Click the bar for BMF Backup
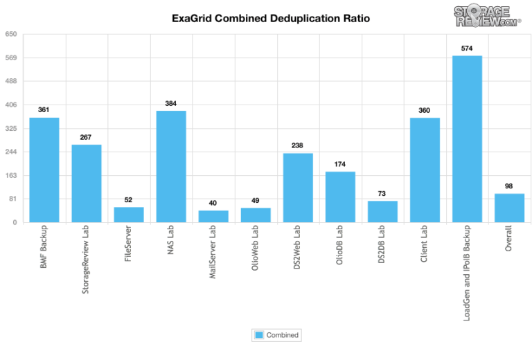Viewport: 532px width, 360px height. [44, 170]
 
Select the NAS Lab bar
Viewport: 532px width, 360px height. [171, 167]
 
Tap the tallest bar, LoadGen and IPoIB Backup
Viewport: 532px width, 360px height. [467, 139]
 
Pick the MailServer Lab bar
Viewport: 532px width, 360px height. [213, 217]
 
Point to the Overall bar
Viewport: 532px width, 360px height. [509, 208]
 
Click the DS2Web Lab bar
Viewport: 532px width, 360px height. [298, 188]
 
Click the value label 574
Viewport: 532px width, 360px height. [467, 48]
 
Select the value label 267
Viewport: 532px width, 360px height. [85, 137]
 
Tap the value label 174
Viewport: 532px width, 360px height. [339, 164]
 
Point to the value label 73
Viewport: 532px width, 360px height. [382, 194]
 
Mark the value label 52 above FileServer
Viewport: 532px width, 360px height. [128, 200]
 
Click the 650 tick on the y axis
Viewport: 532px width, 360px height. [11, 34]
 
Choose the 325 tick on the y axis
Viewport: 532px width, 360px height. [11, 129]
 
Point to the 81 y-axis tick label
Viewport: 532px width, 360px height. [12, 199]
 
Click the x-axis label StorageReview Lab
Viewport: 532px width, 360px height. [85, 260]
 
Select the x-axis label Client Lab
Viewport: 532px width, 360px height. [424, 244]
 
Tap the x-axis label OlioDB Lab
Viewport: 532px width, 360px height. [339, 245]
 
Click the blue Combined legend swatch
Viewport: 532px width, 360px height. [259, 335]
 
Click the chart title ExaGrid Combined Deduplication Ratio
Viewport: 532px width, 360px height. [271, 18]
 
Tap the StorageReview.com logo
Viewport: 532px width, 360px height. [486, 16]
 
